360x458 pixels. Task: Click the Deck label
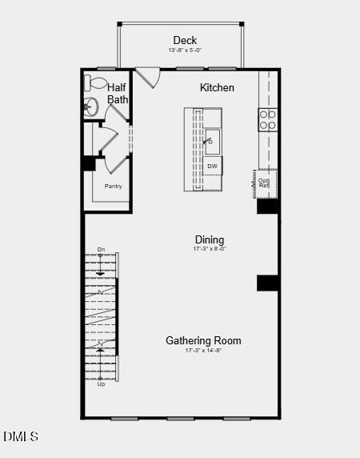[185, 40]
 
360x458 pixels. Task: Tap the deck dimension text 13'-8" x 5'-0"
[185, 50]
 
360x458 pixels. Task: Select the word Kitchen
[217, 87]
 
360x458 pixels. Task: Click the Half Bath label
[118, 93]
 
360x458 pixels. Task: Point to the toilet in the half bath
[95, 83]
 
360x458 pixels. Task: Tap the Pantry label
[114, 186]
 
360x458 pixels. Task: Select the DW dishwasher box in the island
[212, 167]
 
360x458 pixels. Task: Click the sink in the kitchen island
[211, 144]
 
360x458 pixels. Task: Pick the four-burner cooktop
[267, 119]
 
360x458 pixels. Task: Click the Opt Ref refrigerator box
[265, 183]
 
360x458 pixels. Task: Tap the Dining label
[210, 239]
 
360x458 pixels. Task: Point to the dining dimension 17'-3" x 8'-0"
[210, 249]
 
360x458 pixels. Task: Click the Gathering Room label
[203, 340]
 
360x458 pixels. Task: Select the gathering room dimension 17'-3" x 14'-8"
[203, 351]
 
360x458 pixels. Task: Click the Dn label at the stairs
[101, 250]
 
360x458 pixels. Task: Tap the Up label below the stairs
[101, 384]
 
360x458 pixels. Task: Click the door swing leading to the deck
[147, 78]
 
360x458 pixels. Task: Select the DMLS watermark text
[20, 436]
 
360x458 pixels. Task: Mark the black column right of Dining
[267, 283]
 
